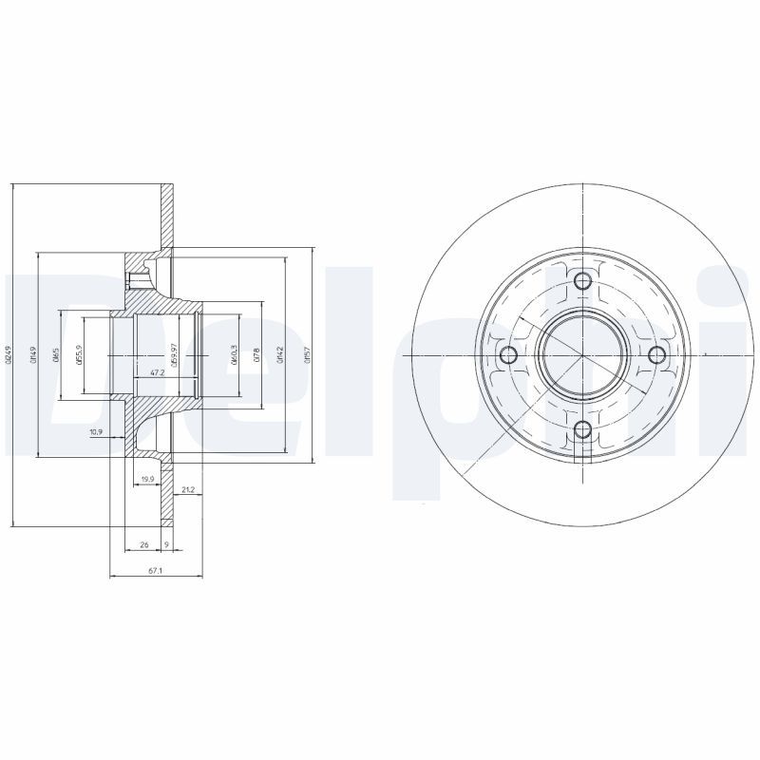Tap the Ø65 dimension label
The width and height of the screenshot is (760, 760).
click(56, 354)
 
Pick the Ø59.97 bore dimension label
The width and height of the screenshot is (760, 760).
click(175, 354)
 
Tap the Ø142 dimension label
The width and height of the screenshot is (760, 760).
click(281, 354)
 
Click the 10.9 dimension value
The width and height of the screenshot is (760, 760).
click(96, 433)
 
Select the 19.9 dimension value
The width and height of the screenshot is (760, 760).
click(147, 479)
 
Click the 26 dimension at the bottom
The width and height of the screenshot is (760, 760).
click(143, 544)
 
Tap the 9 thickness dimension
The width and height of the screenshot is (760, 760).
click(166, 544)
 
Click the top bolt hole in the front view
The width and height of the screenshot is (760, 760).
click(583, 280)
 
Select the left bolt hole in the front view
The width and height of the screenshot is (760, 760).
click(508, 355)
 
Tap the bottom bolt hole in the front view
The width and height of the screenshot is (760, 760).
click(583, 430)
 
